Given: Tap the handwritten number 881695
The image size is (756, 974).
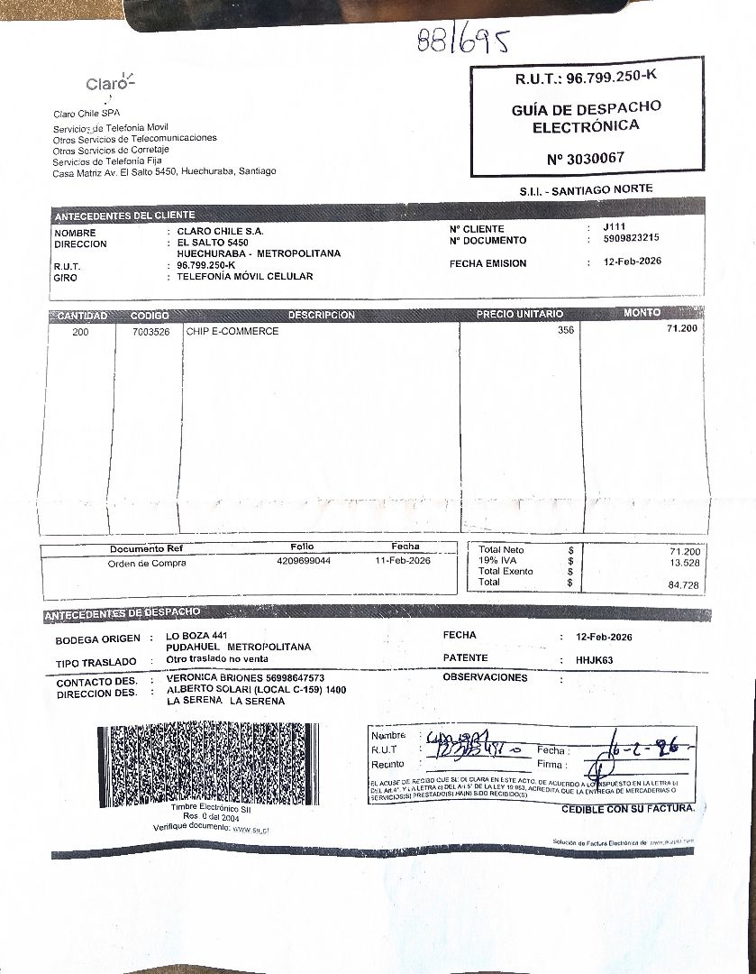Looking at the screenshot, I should (x=463, y=41).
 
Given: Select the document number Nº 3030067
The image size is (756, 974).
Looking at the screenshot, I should (x=585, y=159).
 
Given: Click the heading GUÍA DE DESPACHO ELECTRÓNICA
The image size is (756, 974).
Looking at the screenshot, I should (x=586, y=115).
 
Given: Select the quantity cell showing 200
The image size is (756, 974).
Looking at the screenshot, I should (x=80, y=331).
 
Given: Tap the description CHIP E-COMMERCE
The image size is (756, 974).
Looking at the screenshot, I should (x=232, y=331).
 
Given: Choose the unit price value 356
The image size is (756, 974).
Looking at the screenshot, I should (x=565, y=330).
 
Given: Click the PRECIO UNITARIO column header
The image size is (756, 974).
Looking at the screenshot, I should (x=519, y=314).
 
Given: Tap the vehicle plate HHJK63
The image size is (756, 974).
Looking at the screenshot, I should (x=594, y=659).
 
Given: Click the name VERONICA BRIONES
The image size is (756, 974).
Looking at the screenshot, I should (x=214, y=678).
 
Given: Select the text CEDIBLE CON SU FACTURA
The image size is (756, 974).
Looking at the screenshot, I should (x=627, y=808).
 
